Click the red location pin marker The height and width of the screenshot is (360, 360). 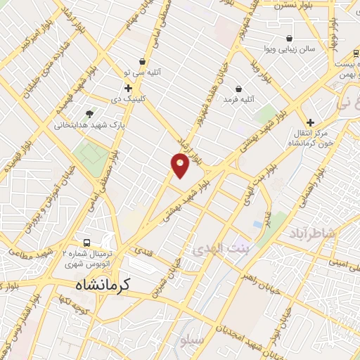(180, 165)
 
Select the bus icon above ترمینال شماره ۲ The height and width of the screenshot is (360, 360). (86, 240)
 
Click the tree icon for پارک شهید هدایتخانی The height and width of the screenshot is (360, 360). (89, 113)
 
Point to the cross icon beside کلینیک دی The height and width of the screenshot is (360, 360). (128, 88)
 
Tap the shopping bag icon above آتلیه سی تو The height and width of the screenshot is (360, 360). (143, 62)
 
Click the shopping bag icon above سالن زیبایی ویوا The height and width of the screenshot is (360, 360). (289, 38)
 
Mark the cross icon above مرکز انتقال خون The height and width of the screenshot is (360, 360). (310, 122)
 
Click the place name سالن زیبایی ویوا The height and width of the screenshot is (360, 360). (288, 50)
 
